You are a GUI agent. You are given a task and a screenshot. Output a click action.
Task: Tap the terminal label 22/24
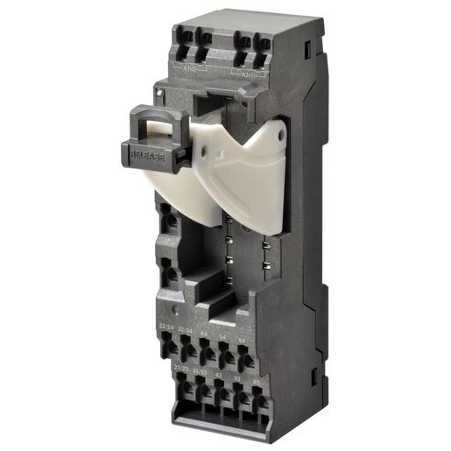[x=166, y=327]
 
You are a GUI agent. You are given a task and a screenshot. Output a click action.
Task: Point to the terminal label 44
[x=205, y=334]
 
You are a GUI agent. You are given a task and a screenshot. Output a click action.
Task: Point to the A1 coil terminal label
[x=189, y=67]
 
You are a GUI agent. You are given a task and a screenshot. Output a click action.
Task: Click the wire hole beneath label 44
[x=208, y=353]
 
